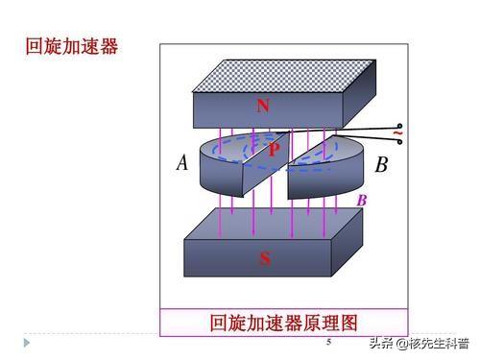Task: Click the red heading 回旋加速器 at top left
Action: (x=71, y=47)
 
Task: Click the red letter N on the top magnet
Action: (x=262, y=106)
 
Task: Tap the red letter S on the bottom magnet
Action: (x=264, y=258)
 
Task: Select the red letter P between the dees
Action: (x=274, y=150)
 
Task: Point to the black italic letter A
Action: (x=182, y=163)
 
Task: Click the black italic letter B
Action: (x=381, y=165)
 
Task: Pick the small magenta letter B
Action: (x=362, y=201)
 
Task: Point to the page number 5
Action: (x=328, y=342)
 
